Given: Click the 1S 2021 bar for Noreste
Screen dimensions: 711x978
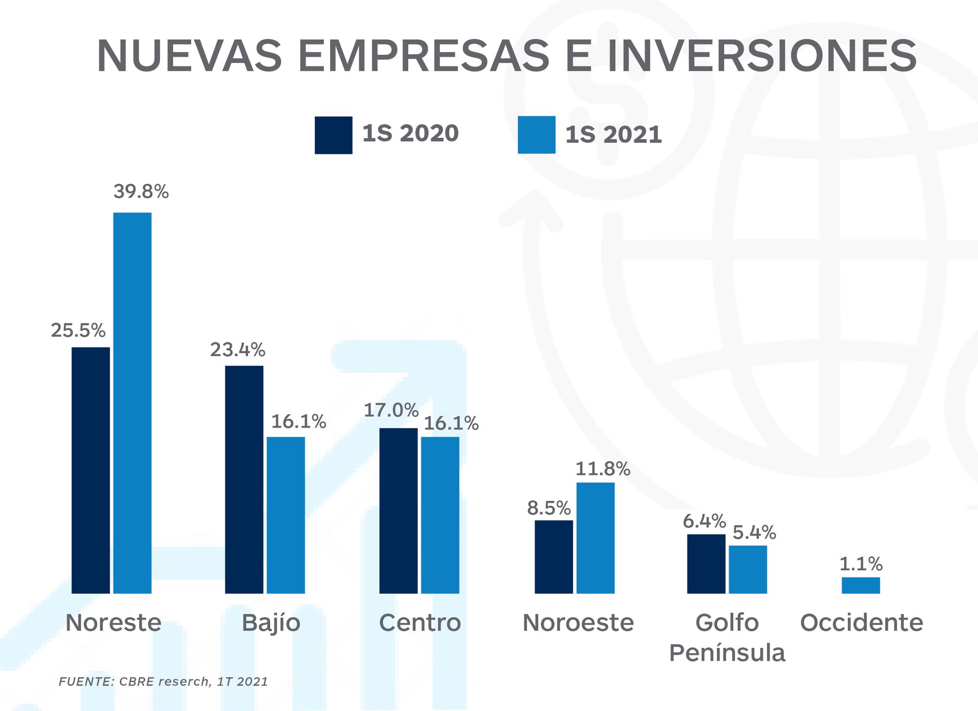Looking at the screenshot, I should [x=132, y=403].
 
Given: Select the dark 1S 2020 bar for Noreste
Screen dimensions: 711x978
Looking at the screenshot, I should [x=90, y=470].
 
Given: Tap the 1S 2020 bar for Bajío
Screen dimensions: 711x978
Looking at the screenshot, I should [x=244, y=479].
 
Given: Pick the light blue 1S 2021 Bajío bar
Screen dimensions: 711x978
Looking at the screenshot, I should [x=286, y=515].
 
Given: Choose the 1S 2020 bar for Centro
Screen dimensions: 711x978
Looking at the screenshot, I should [x=399, y=511].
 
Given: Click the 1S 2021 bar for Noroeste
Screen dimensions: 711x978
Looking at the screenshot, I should [x=595, y=538].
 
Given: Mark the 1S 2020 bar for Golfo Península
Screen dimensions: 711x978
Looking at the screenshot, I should [x=706, y=564].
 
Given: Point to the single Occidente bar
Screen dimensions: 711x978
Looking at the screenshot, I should [x=861, y=585].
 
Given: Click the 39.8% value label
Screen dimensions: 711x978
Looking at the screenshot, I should [x=141, y=192].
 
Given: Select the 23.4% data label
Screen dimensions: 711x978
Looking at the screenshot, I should [x=238, y=350].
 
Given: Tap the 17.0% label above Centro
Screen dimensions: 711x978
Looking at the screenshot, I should [x=391, y=410].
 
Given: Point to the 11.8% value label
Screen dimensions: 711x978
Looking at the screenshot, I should [x=602, y=469].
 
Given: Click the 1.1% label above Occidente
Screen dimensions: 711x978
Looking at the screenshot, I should [x=861, y=564].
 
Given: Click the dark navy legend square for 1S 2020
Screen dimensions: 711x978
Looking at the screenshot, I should [x=333, y=135].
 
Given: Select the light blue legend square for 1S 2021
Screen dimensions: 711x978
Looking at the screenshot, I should [x=536, y=135].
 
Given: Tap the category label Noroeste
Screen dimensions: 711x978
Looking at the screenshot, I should [x=578, y=623].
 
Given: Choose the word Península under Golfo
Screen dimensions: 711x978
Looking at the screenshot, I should [x=727, y=653].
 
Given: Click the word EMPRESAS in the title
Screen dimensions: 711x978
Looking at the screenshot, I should [x=423, y=55].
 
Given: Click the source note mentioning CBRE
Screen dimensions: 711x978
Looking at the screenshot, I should [x=163, y=682].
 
